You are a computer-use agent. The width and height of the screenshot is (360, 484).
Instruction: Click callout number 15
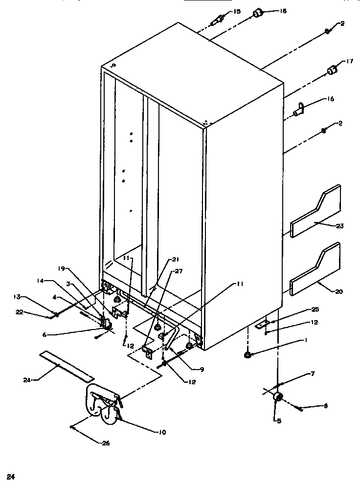pos(237,11)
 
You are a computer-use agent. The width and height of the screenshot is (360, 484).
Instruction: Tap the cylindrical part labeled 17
pos(332,71)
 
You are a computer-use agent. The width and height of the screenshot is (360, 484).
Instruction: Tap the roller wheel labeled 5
pos(278,397)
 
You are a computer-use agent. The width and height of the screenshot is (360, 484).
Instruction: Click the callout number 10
pos(162,433)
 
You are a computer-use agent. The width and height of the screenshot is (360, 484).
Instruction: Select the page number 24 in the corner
pos(9,476)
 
